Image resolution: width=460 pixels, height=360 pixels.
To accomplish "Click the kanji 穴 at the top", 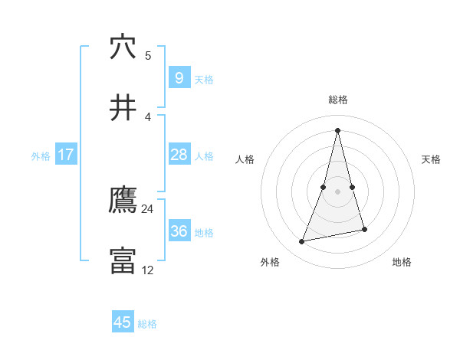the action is pos(123,47).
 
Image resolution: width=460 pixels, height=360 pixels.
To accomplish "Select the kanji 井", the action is pos(123,108).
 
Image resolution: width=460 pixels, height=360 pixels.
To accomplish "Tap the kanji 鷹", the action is pos(123,201).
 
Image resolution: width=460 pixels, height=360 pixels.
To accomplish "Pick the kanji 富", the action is pos(123,261).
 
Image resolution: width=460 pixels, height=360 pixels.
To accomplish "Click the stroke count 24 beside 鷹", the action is pos(148,209).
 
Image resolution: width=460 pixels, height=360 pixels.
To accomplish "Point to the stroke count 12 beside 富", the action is pos(148,270).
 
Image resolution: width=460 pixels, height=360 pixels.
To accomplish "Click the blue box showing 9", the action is pos(179,78).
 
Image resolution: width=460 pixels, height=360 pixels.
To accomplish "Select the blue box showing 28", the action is pos(179,155).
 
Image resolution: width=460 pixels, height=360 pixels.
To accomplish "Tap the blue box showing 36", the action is pos(179,231).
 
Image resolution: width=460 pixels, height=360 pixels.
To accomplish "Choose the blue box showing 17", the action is pos(66,155).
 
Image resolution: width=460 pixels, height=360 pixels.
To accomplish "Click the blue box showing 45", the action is pos(123,322).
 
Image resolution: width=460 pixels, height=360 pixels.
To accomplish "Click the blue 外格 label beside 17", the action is pos(41,155).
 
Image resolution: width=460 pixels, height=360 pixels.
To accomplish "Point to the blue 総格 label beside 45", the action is pos(147,324).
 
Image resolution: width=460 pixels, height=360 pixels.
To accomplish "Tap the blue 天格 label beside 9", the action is pos(204,80).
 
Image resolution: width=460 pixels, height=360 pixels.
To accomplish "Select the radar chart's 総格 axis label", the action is pos(337,100).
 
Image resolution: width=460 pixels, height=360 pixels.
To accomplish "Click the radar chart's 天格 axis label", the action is pos(432,159).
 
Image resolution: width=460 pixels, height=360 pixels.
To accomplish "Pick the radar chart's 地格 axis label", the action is pos(402,262).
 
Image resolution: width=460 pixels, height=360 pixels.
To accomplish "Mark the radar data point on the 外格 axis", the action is pos(302,242).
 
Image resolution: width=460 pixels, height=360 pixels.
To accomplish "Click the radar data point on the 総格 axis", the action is pos(337,129).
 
